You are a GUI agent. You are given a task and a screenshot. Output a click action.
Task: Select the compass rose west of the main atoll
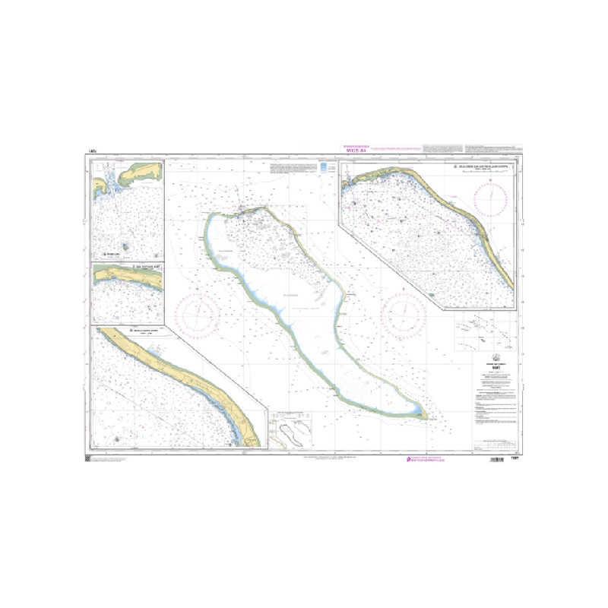tap(197, 312)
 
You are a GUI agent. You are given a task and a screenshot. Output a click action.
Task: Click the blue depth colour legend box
tap(325, 167)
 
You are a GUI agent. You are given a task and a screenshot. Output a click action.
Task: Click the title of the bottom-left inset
tap(144, 331)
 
